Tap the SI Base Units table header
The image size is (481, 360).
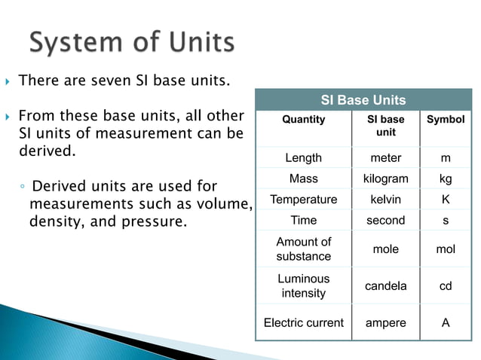coord(363,100)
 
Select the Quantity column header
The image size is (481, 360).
coord(303,120)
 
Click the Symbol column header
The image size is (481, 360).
coord(446,120)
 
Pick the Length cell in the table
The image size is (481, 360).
coord(303,158)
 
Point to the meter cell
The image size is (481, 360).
coord(385,158)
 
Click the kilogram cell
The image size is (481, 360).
coord(385,179)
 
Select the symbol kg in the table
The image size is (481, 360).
coord(446,179)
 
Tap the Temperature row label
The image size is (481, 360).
coord(303,200)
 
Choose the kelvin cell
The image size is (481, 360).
coord(385,200)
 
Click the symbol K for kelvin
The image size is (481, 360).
coord(446,200)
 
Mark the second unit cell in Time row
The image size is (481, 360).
coord(385,221)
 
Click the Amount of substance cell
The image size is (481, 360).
coord(303,249)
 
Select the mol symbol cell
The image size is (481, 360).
coord(446,249)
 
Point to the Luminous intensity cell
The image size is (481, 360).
coord(303,285)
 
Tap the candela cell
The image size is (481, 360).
coord(385,286)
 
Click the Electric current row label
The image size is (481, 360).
coord(303,322)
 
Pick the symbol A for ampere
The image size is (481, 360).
coord(446,322)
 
